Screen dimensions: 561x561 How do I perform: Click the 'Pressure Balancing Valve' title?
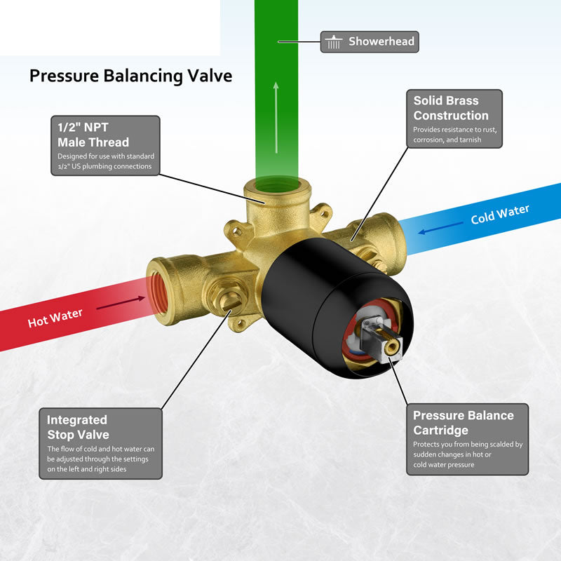click(130, 76)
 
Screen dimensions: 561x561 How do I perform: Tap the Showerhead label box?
click(370, 42)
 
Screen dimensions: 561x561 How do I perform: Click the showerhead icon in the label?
click(334, 42)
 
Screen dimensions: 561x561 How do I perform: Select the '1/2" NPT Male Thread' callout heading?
click(93, 135)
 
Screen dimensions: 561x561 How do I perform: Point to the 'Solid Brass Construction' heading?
click(451, 108)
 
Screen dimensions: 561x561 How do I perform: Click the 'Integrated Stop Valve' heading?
click(78, 427)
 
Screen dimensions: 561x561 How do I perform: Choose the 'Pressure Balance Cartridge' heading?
click(464, 423)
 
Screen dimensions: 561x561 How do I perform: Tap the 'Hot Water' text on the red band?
click(55, 318)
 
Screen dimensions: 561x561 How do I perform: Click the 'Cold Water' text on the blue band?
click(500, 215)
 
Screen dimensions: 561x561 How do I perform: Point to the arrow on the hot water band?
click(121, 303)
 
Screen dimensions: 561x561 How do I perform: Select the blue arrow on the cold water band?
click(440, 228)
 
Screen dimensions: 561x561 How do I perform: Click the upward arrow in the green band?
click(276, 117)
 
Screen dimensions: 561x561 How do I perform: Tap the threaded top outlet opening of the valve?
click(278, 185)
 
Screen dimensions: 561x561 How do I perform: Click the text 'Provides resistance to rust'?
click(454, 130)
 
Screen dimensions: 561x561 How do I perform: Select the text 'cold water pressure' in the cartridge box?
click(444, 465)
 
